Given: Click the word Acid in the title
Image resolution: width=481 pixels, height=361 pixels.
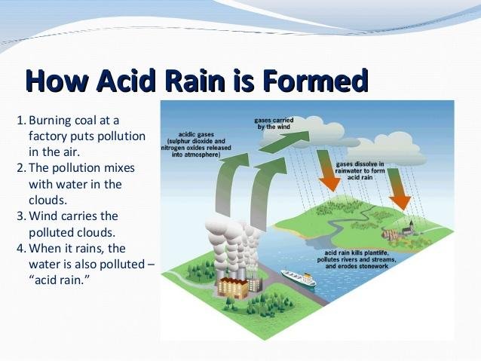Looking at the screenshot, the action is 126,81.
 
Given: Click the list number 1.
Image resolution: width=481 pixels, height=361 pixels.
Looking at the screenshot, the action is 20,121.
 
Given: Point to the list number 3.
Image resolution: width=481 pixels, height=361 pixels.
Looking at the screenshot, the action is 20,216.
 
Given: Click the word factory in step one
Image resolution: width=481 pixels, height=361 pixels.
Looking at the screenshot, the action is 47,137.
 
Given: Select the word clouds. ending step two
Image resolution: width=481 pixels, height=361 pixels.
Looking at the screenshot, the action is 47,200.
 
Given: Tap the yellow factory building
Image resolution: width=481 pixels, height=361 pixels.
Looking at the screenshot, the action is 232,288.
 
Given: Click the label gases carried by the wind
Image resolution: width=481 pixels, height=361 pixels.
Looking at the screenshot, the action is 274,124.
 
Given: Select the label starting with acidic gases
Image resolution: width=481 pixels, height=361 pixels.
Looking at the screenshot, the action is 196,145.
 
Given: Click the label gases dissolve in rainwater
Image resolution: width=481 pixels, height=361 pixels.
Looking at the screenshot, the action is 360,171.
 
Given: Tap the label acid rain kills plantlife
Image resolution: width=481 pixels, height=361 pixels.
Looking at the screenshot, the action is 357,259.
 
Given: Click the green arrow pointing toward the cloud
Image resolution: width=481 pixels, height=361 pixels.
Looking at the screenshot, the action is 283,141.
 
